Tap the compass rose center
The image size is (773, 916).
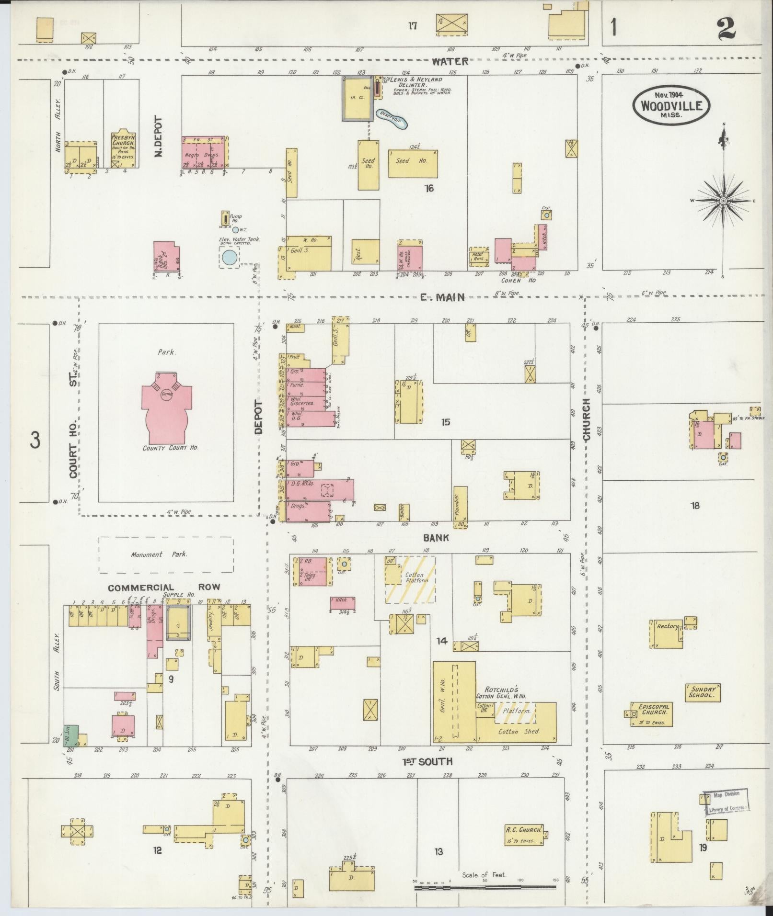[723, 201]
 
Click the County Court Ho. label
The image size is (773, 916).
[170, 448]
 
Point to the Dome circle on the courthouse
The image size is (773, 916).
[167, 394]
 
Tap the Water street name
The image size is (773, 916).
[449, 61]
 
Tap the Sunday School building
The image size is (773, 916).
[703, 692]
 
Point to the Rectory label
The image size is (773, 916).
[667, 626]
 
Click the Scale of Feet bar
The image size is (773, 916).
[485, 887]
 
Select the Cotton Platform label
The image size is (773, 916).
[415, 578]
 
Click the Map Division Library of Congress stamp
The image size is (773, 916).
[726, 802]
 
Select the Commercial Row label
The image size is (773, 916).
[163, 588]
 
